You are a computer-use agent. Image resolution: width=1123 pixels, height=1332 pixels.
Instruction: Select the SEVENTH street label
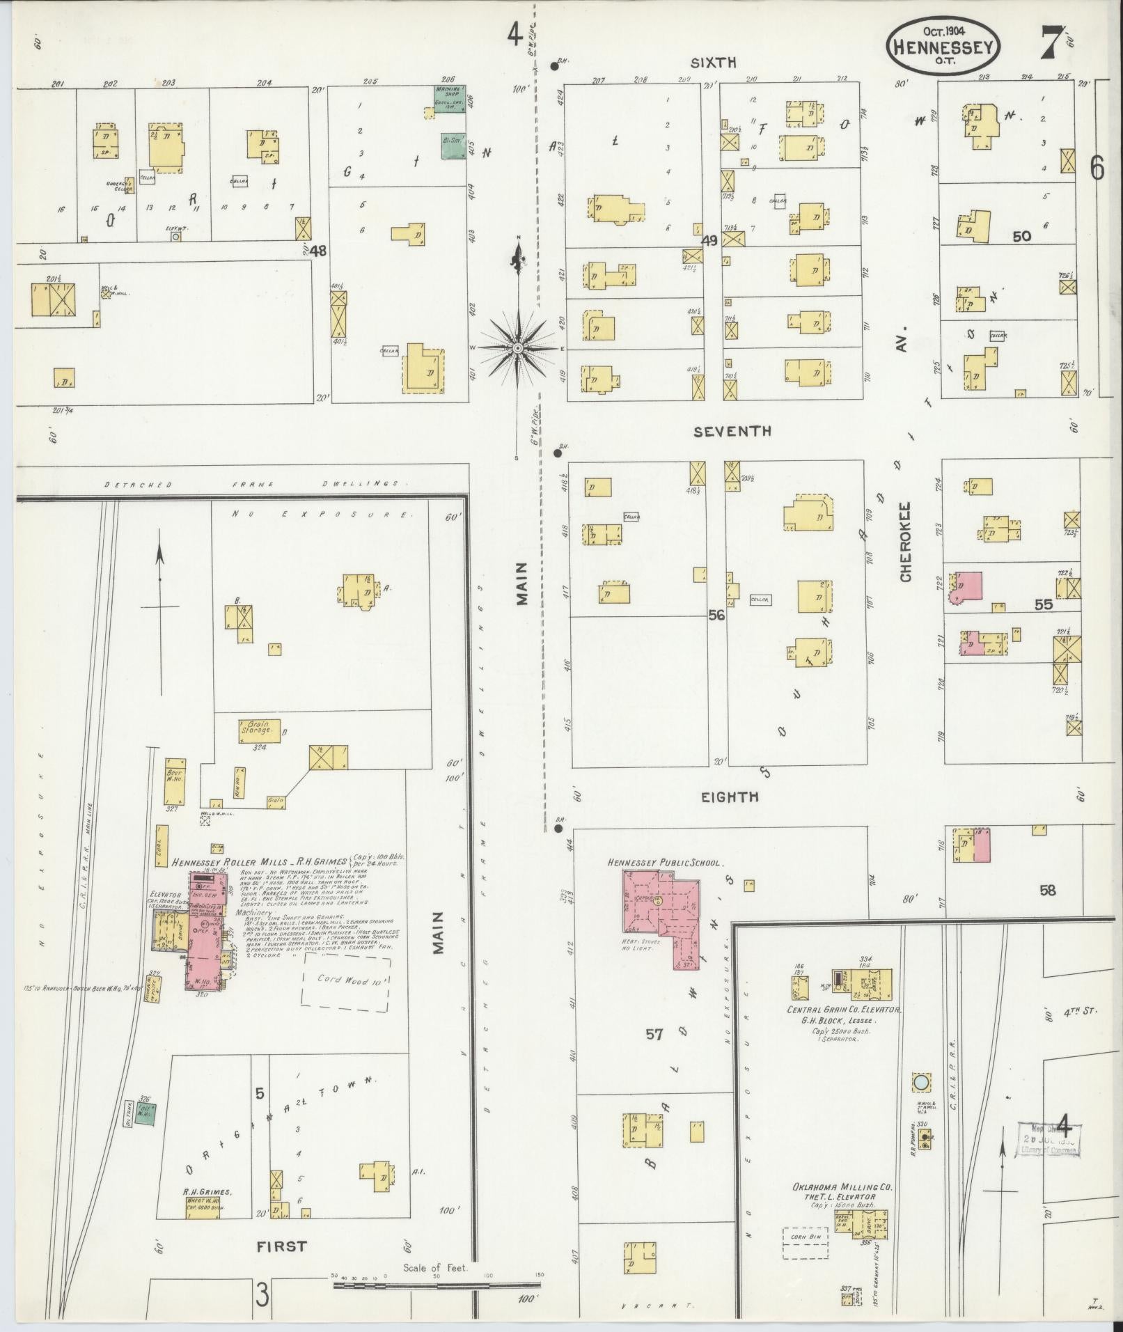pyautogui.click(x=732, y=432)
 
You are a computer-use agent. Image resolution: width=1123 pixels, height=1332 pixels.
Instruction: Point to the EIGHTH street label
pyautogui.click(x=730, y=797)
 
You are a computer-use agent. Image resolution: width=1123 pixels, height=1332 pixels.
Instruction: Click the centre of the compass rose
pyautogui.click(x=517, y=347)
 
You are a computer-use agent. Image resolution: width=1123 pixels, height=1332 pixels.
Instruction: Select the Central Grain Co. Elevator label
pyautogui.click(x=844, y=1010)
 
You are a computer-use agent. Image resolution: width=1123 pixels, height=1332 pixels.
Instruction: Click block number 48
pyautogui.click(x=319, y=250)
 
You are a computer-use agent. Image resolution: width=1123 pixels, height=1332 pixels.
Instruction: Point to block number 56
pyautogui.click(x=716, y=615)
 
